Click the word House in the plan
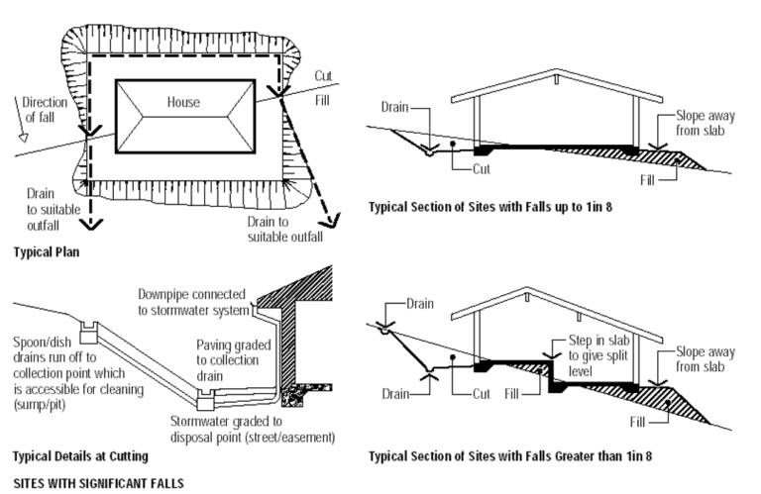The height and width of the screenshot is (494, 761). pos(183,102)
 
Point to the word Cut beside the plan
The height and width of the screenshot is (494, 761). pos(324,75)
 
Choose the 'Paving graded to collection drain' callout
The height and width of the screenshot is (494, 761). pos(234,352)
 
